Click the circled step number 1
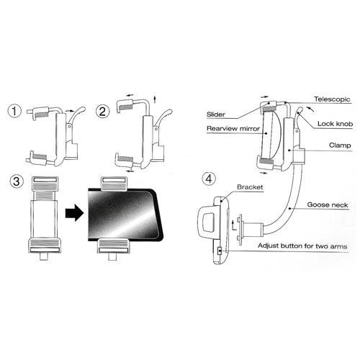(14, 111)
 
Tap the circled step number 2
(102, 112)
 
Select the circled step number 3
(17, 181)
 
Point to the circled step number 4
(209, 179)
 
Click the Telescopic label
(332, 99)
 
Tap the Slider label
(216, 114)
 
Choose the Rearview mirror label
(233, 128)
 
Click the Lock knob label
(335, 124)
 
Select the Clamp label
(340, 145)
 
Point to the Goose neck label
(328, 204)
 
